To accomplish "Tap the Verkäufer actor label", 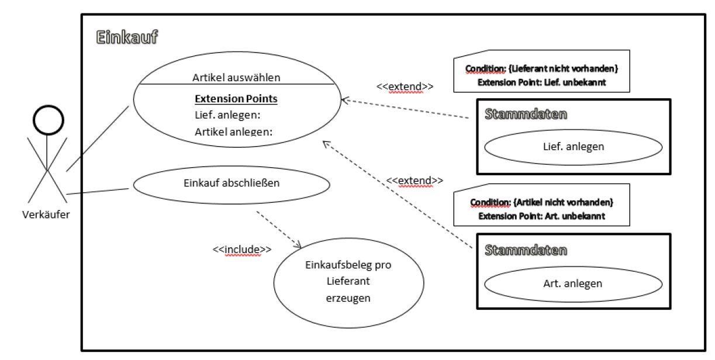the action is tap(46, 214).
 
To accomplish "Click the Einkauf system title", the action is tap(127, 37).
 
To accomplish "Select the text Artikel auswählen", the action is tap(236, 77).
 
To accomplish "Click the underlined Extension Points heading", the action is tap(236, 99).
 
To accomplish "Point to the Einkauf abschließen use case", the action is tap(232, 185).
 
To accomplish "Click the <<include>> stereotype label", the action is tap(242, 250).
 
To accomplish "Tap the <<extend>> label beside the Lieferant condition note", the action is tap(405, 86).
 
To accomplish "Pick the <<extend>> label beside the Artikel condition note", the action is tap(415, 181).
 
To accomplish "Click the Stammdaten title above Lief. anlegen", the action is tap(526, 114).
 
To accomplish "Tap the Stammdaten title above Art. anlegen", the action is tap(526, 250).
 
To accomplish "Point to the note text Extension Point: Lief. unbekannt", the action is tap(542, 82).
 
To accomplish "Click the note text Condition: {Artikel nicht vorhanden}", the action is tap(542, 202).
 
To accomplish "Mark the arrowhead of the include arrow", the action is tap(299, 247).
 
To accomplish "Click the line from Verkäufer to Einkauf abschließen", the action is tap(98, 192).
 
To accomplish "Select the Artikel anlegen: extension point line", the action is tap(234, 132).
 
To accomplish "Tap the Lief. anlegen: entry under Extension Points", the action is tap(227, 115).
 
